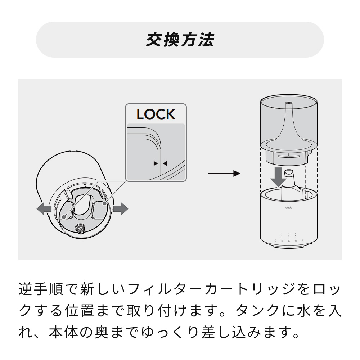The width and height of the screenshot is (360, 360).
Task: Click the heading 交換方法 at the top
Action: [x=180, y=40]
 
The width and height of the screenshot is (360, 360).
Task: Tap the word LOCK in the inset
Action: [x=156, y=114]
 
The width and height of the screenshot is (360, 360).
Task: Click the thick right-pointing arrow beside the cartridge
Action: [x=121, y=208]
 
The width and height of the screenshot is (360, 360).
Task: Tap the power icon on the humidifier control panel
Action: [x=275, y=240]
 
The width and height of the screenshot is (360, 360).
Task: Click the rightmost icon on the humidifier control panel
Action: [x=302, y=240]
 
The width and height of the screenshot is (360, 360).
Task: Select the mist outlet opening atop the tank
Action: [x=288, y=104]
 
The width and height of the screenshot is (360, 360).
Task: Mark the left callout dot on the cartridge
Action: [x=64, y=217]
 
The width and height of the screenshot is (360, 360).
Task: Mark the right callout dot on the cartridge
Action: [x=105, y=203]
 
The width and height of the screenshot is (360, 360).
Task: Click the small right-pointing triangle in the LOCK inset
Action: [x=156, y=163]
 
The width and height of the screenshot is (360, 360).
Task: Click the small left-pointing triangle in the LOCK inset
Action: [x=165, y=163]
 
